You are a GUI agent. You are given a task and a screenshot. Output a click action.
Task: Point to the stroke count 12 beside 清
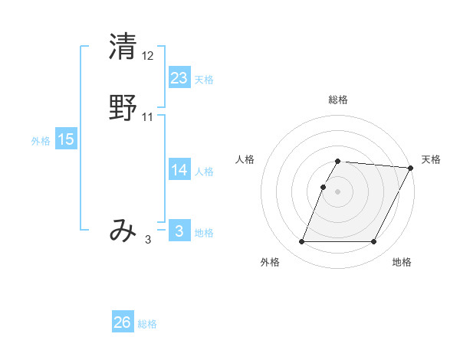pyautogui.click(x=148, y=56)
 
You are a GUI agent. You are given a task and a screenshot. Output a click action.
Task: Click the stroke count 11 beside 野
pyautogui.click(x=148, y=116)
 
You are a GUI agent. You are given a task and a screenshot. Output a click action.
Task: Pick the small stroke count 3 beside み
pyautogui.click(x=148, y=240)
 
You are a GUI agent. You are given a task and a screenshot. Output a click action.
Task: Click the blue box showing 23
pyautogui.click(x=179, y=78)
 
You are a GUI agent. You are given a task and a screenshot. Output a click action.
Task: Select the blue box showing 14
pyautogui.click(x=179, y=170)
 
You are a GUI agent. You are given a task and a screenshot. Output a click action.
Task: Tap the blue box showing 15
pyautogui.click(x=66, y=139)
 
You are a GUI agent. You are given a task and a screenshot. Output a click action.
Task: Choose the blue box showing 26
pyautogui.click(x=123, y=322)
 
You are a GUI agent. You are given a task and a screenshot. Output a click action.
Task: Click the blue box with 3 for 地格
pyautogui.click(x=179, y=231)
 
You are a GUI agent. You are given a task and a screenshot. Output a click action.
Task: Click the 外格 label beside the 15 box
pyautogui.click(x=41, y=141)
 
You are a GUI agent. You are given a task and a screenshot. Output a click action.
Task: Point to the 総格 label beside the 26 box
pyautogui.click(x=147, y=324)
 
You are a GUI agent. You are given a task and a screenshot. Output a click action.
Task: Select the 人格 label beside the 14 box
pyautogui.click(x=204, y=172)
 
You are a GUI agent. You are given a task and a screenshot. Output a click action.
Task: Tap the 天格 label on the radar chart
pyautogui.click(x=431, y=159)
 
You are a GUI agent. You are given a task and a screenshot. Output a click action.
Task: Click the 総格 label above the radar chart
pyautogui.click(x=338, y=100)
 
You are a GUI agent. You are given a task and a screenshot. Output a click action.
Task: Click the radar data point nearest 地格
pyautogui.click(x=374, y=242)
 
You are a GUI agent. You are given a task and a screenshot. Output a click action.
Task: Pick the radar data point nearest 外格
pyautogui.click(x=301, y=242)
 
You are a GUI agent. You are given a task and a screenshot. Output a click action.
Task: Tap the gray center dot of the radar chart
pyautogui.click(x=337, y=192)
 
